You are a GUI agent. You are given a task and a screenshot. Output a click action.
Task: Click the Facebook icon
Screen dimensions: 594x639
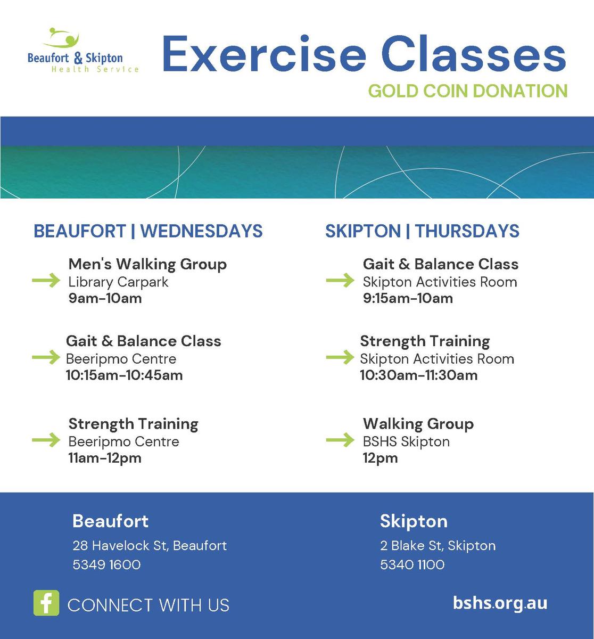(46, 603)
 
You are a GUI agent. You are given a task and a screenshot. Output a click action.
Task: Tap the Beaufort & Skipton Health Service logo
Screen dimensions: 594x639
(83, 50)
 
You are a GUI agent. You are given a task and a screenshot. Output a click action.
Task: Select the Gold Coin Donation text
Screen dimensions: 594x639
(468, 91)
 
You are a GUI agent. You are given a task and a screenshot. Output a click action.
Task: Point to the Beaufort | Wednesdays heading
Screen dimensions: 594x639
(148, 231)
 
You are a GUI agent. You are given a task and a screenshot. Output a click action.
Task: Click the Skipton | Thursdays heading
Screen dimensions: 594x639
(422, 231)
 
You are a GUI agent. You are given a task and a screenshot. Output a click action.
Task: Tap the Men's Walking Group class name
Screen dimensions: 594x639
(147, 265)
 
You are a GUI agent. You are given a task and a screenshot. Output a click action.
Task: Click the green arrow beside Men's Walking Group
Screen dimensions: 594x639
(46, 280)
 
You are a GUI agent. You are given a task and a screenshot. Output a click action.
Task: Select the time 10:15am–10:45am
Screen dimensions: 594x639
(124, 375)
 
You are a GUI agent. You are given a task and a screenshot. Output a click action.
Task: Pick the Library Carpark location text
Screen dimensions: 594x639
(118, 282)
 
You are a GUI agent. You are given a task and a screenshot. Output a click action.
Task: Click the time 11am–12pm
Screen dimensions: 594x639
(105, 458)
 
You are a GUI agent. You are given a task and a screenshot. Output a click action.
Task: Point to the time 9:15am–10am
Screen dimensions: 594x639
(408, 298)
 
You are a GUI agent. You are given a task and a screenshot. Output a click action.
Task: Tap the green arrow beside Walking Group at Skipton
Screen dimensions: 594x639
(340, 439)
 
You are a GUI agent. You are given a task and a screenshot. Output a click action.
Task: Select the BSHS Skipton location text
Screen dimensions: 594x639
(406, 442)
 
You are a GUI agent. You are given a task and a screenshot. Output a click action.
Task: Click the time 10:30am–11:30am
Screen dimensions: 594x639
(419, 375)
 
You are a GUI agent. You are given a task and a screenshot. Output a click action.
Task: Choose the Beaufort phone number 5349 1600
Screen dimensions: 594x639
(106, 564)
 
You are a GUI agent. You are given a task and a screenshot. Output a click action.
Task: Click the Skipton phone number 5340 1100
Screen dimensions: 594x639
(412, 564)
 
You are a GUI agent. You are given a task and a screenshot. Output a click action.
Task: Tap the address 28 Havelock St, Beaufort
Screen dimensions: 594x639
(150, 546)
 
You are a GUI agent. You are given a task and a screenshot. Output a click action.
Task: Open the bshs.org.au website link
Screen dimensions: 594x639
(500, 603)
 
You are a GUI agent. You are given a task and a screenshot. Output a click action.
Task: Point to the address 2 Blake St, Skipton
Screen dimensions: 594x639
(438, 546)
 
